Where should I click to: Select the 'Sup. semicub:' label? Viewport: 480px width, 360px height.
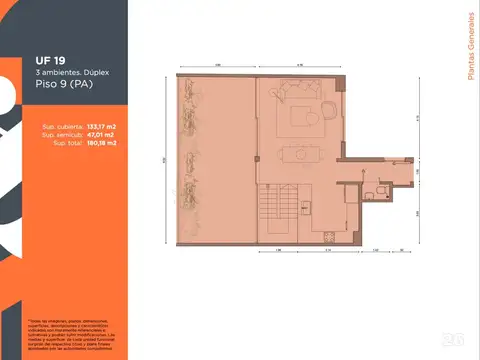[61, 135]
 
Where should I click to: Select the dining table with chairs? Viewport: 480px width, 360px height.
[299, 154]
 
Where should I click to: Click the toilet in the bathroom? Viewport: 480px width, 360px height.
[372, 187]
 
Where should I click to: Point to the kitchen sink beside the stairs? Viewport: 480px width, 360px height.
[303, 200]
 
